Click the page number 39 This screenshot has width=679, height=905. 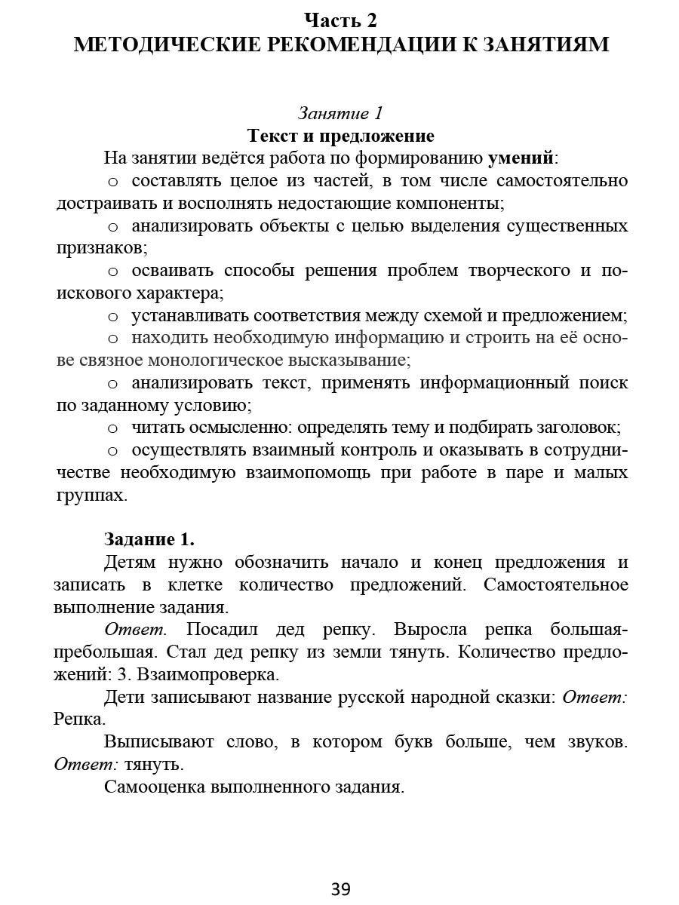tap(340, 889)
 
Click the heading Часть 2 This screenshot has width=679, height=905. tap(340, 20)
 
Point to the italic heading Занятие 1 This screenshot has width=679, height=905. tap(340, 113)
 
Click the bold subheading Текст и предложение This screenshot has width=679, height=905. tap(340, 137)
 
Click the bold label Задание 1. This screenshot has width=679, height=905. tap(149, 539)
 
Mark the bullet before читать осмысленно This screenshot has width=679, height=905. tap(113, 428)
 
